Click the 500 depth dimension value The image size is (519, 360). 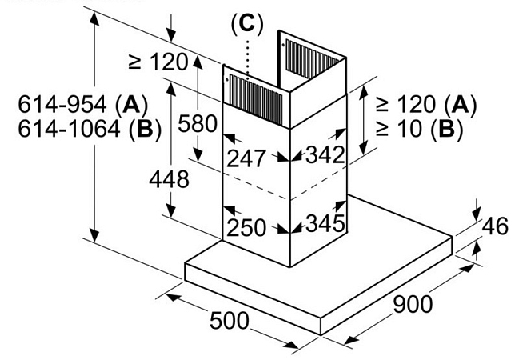(x=230, y=321)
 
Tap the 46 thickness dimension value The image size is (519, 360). (x=496, y=226)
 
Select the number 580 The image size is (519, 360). (x=197, y=124)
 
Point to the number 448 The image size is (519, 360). (x=168, y=179)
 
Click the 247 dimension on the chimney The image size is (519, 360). (x=246, y=157)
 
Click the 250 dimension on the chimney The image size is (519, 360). (x=245, y=227)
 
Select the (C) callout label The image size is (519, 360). (x=246, y=24)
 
